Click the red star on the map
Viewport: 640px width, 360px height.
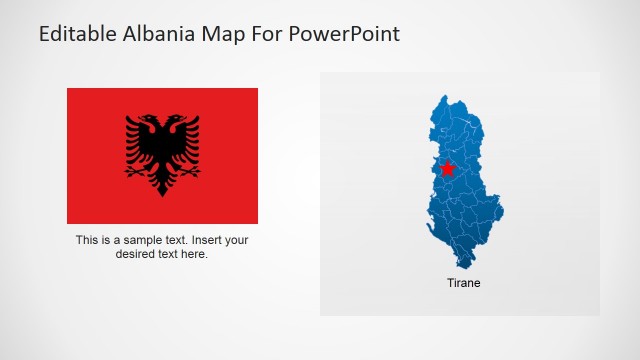[447, 169]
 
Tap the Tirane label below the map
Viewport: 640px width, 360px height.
[463, 283]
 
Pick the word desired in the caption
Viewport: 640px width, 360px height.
[136, 254]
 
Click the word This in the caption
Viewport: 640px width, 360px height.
[87, 240]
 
